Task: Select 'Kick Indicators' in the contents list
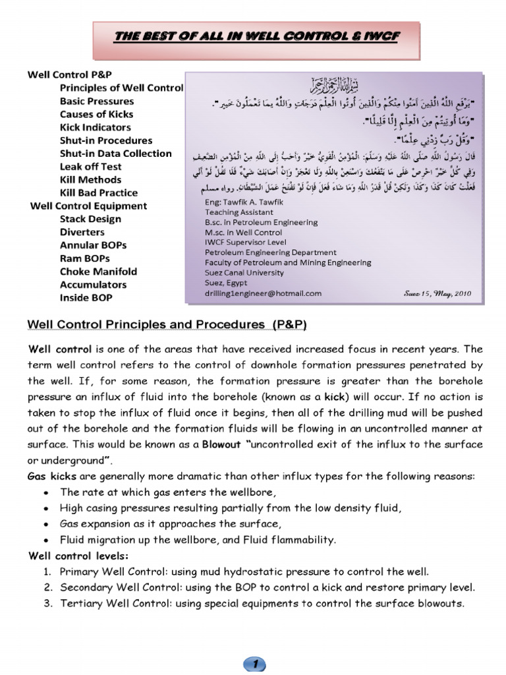coord(95,127)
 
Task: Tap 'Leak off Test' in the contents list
coord(90,167)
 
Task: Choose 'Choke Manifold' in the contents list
coord(98,272)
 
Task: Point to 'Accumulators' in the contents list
coord(93,285)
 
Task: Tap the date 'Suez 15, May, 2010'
coord(435,293)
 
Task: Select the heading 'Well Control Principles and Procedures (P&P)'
coord(167,325)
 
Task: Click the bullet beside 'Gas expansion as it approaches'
coord(43,524)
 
